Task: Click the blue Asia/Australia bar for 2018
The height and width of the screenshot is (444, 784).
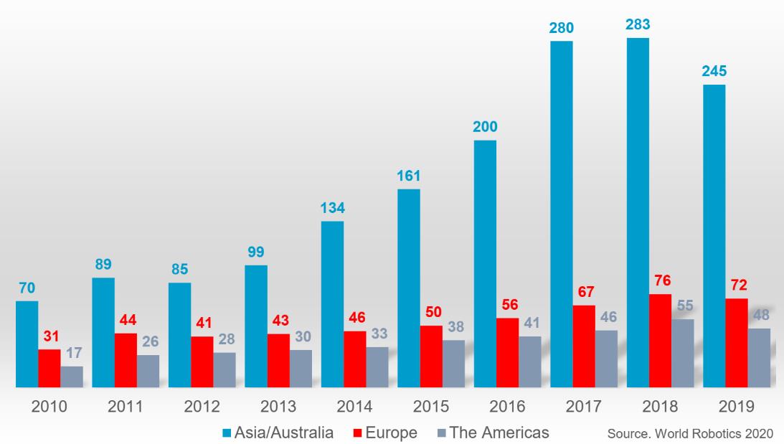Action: tap(637, 212)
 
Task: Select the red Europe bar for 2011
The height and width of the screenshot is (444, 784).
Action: tap(126, 360)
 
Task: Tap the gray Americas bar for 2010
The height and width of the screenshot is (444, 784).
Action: tap(72, 377)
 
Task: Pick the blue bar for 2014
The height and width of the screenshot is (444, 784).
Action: tap(332, 304)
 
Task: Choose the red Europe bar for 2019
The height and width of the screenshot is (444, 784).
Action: tap(737, 343)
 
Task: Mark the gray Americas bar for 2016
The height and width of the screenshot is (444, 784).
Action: tap(529, 362)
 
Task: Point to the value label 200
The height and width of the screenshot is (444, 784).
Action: tap(485, 128)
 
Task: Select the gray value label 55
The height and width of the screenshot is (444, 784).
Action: tap(683, 305)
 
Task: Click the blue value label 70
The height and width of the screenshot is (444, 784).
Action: tap(27, 288)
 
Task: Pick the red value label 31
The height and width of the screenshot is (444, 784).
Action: tap(49, 336)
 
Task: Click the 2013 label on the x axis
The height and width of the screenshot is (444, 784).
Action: tap(278, 407)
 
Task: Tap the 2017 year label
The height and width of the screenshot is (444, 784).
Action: tap(584, 407)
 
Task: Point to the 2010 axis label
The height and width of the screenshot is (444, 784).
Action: tap(49, 407)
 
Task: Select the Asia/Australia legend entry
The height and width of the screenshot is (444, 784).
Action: tap(279, 433)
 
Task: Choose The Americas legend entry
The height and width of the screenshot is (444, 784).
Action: tap(493, 433)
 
